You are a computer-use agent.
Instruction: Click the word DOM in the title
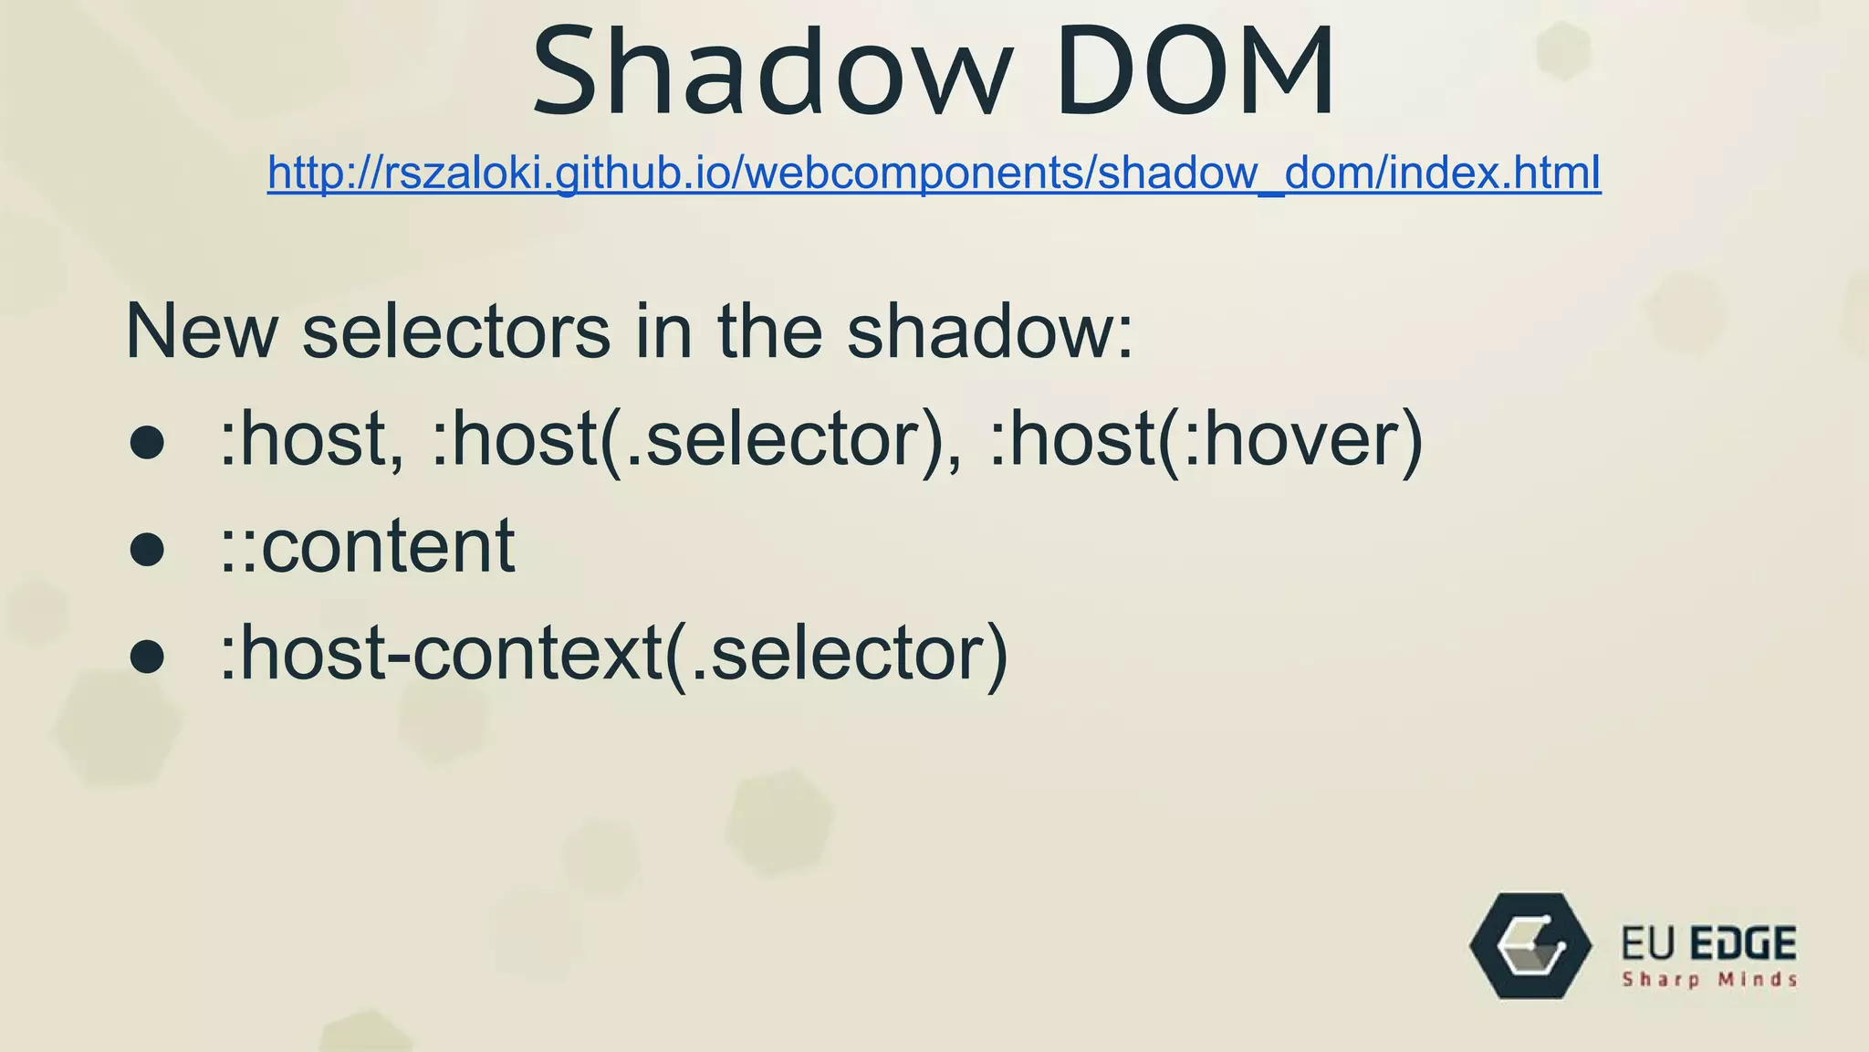[x=1196, y=73]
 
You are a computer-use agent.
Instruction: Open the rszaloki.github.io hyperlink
[x=934, y=173]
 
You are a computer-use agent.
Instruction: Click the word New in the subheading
[x=201, y=331]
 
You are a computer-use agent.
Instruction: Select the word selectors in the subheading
[x=456, y=331]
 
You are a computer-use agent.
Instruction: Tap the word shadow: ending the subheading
[x=990, y=331]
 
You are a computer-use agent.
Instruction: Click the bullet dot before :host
[x=147, y=443]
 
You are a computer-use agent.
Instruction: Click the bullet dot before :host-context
[x=147, y=656]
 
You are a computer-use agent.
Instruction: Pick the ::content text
[x=367, y=546]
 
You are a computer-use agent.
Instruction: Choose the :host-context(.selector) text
[x=613, y=654]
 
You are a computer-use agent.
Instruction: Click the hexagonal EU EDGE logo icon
[x=1530, y=946]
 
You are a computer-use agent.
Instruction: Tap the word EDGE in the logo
[x=1743, y=944]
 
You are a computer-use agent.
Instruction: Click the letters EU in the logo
[x=1649, y=944]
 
